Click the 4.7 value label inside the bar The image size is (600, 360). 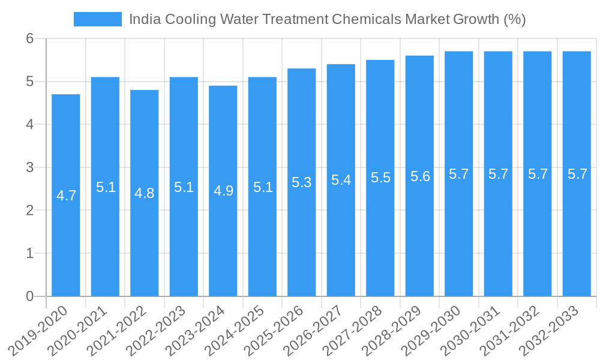pyautogui.click(x=66, y=196)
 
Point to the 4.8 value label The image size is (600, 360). pyautogui.click(x=145, y=193)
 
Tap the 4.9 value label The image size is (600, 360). pyautogui.click(x=223, y=191)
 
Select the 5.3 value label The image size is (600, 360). pyautogui.click(x=301, y=182)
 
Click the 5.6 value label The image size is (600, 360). pyautogui.click(x=419, y=176)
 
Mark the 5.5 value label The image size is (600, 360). pyautogui.click(x=380, y=178)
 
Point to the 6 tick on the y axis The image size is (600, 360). pyautogui.click(x=29, y=38)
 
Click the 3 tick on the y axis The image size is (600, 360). pyautogui.click(x=29, y=167)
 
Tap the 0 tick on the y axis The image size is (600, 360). pyautogui.click(x=29, y=296)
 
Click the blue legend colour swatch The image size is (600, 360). pyautogui.click(x=97, y=19)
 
